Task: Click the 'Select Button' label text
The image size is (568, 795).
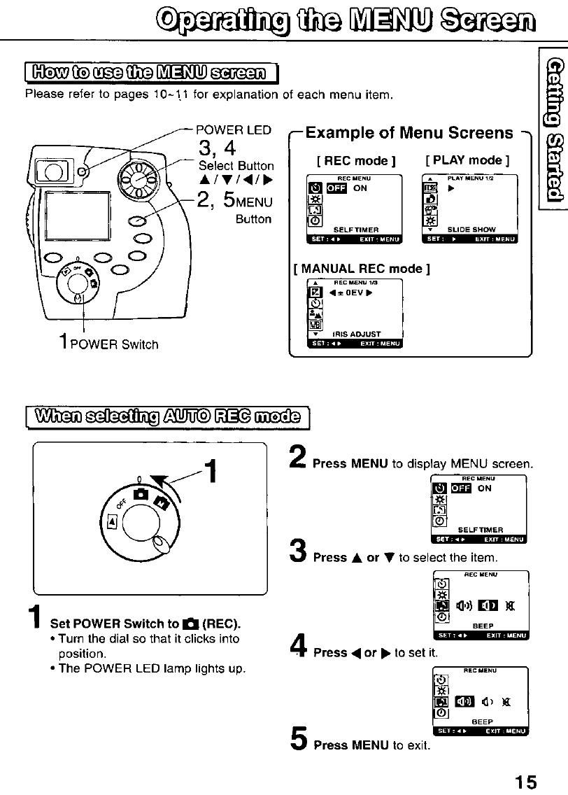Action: click(236, 166)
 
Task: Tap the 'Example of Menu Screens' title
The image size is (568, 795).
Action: click(409, 133)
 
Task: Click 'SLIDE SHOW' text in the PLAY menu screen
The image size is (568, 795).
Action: click(473, 230)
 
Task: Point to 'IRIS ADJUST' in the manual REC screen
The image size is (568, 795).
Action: click(356, 335)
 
